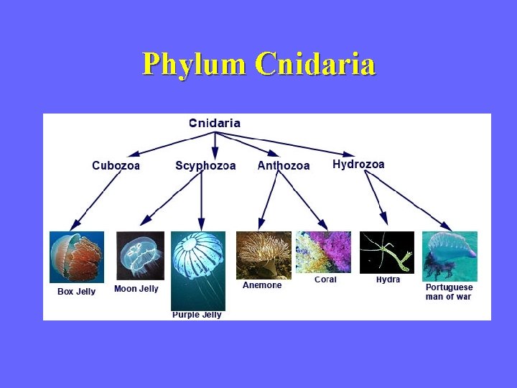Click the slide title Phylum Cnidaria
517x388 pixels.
click(258, 64)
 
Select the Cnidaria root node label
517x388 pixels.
click(215, 123)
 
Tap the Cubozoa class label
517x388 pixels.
click(116, 166)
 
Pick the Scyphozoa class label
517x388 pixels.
click(205, 166)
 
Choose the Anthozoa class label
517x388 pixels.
click(284, 166)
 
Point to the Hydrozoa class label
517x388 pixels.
click(358, 165)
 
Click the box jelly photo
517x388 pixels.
click(77, 257)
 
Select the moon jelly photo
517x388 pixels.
click(140, 255)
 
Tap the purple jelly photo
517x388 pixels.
click(198, 270)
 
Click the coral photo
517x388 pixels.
click(323, 252)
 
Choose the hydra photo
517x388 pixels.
click(387, 252)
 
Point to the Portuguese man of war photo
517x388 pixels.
click(450, 256)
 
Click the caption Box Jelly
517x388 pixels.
click(76, 292)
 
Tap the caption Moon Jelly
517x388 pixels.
click(136, 289)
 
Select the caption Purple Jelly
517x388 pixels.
click(197, 315)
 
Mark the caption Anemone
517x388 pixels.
click(262, 285)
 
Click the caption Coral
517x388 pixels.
click(325, 280)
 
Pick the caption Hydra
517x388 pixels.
click(388, 280)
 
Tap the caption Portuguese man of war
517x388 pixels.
click(450, 292)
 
